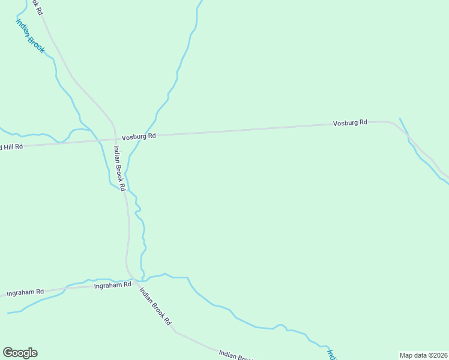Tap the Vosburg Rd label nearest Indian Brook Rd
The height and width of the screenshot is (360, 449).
click(139, 137)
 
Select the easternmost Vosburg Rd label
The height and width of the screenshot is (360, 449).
click(350, 123)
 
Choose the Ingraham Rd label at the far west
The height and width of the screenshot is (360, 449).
click(25, 293)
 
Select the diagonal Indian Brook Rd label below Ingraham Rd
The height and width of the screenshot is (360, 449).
click(155, 306)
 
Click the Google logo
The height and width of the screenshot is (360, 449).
click(20, 353)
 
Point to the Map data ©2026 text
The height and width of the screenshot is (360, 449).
click(423, 355)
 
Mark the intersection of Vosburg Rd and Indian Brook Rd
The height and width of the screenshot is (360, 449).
click(115, 139)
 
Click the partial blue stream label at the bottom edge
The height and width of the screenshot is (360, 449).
click(330, 354)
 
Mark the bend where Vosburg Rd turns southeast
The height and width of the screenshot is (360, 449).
click(393, 123)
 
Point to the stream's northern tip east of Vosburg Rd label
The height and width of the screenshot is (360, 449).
click(400, 119)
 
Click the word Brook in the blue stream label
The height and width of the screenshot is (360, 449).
click(36, 43)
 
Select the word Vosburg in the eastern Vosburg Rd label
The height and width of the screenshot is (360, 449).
click(345, 123)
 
